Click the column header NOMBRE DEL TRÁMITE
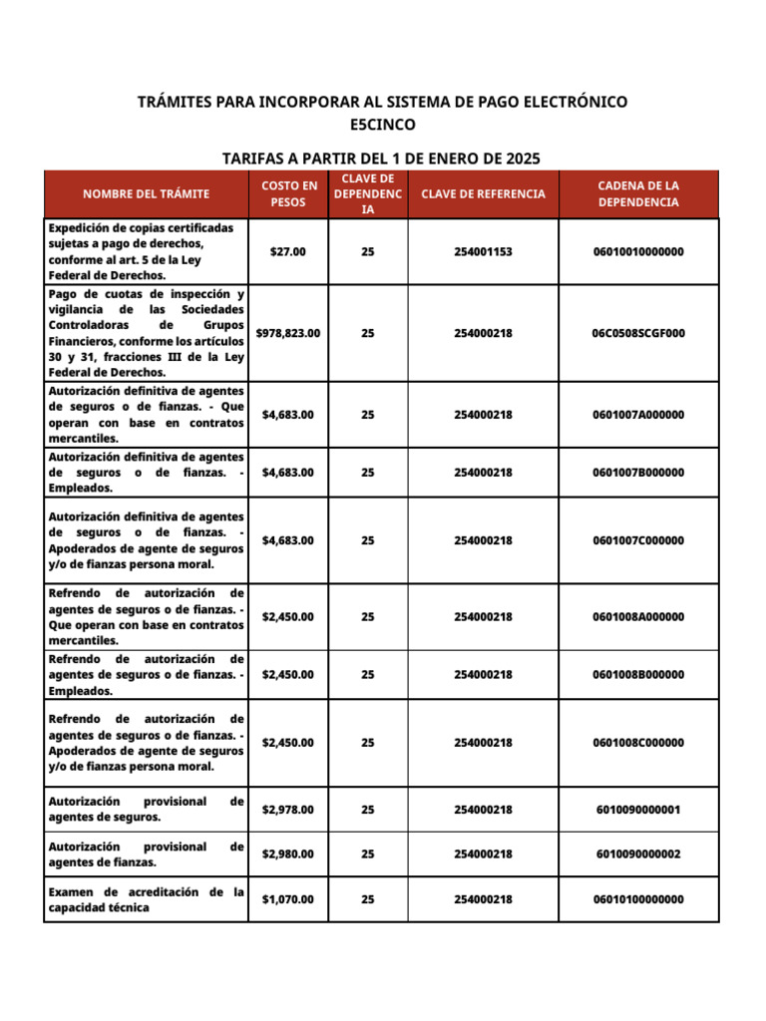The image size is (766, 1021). coord(146,194)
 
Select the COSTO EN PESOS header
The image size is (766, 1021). coord(289,194)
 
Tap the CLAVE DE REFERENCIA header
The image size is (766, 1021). coord(483,194)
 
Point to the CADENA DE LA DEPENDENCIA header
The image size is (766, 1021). coord(638,194)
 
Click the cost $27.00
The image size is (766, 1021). coord(288,252)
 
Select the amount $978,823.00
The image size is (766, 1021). coord(288,333)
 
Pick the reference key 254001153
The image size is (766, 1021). coord(483,252)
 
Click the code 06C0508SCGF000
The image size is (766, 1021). coord(638,333)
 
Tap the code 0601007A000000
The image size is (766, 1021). coord(638,415)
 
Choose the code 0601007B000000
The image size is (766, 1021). coord(638,473)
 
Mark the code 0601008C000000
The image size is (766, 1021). coord(638,743)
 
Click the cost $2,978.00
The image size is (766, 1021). coord(288,810)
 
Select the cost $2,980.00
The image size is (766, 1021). coord(288,854)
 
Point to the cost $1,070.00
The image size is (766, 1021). coord(288,899)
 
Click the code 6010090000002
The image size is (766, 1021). coord(638,854)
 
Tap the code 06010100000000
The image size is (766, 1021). coord(638,899)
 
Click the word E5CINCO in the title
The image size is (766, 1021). coord(383,125)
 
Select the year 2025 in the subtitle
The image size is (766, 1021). coord(520,158)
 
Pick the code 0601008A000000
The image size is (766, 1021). coord(638,617)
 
